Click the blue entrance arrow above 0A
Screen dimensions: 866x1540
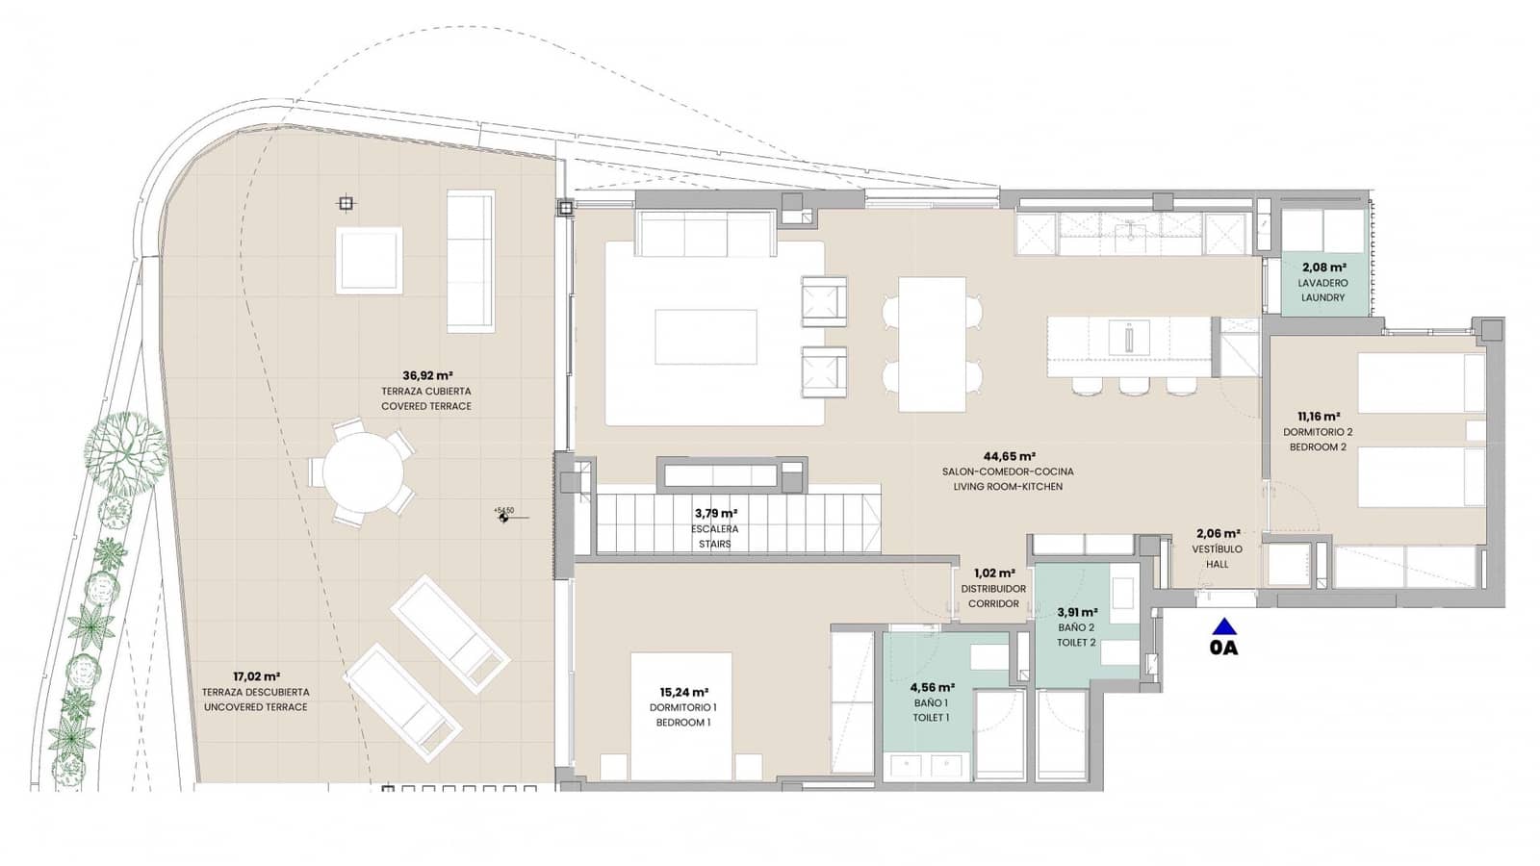(x=1223, y=625)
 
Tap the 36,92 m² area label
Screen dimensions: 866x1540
(x=427, y=376)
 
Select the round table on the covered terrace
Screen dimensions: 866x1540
(x=363, y=473)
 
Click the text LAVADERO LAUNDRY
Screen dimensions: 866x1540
(x=1322, y=291)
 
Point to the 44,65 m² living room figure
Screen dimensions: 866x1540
(x=1009, y=457)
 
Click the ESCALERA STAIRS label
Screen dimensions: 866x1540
(x=715, y=536)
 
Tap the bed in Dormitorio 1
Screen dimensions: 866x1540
(x=680, y=717)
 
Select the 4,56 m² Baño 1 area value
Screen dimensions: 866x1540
(x=932, y=688)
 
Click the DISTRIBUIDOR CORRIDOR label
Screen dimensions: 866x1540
(x=993, y=596)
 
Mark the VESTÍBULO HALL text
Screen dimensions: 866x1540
(x=1218, y=556)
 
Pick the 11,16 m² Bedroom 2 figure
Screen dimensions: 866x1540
(x=1318, y=417)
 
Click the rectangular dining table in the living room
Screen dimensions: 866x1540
(x=932, y=344)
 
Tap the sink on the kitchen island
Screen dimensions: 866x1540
(x=1128, y=338)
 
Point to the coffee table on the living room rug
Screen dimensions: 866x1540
(x=706, y=337)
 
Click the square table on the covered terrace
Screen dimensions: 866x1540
(x=369, y=260)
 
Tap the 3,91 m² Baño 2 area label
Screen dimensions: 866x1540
(x=1075, y=612)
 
